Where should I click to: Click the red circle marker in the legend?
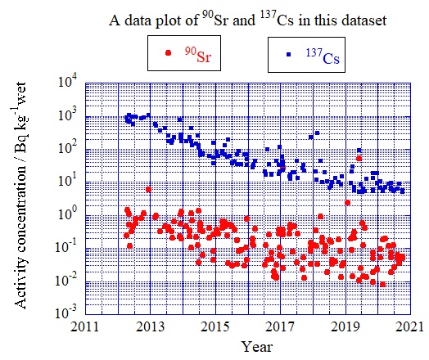click(169, 54)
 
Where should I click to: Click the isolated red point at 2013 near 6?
click(148, 189)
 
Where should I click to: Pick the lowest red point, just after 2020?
click(382, 284)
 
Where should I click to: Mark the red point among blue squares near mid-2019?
click(359, 159)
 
